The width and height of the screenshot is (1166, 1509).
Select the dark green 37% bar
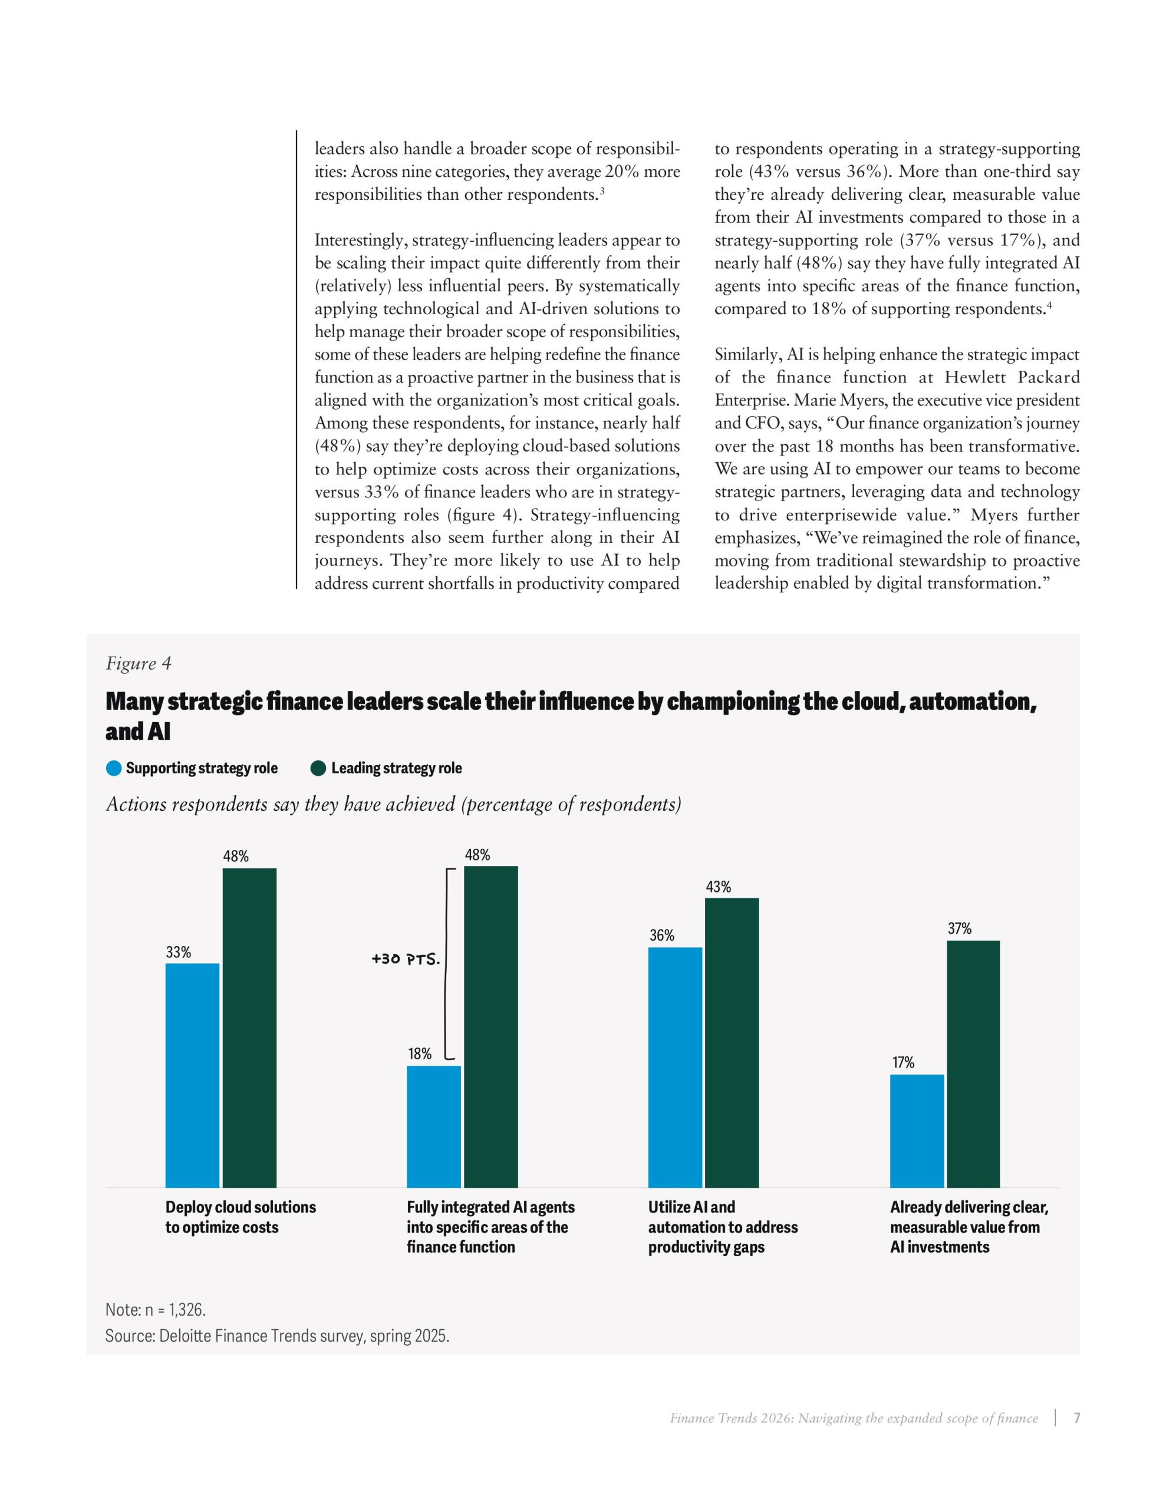click(973, 1064)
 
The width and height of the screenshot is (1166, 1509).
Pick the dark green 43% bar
click(732, 1043)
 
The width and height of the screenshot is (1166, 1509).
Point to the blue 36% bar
click(674, 1067)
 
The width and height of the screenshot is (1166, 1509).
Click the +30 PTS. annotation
click(406, 960)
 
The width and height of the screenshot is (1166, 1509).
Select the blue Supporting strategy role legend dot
click(114, 768)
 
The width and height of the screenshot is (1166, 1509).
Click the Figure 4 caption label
click(138, 663)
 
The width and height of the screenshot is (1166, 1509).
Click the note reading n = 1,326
click(156, 1309)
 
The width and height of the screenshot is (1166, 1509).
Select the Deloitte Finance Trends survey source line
click(276, 1336)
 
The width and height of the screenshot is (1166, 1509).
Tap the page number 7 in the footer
click(1076, 1418)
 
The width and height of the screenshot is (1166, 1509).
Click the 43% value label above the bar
click(718, 887)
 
